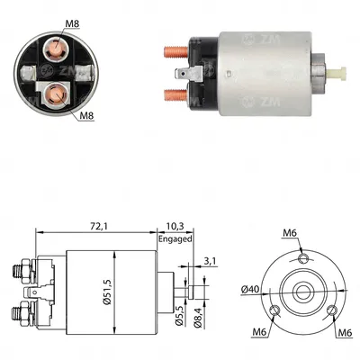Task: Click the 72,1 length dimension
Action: (99, 227)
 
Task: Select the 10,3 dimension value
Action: (175, 227)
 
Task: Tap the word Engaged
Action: (175, 239)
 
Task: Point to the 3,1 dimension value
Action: (210, 261)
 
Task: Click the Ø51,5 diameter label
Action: (108, 292)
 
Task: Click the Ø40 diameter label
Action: (250, 289)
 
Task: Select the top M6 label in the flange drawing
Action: (290, 233)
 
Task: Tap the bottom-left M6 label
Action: (260, 332)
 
